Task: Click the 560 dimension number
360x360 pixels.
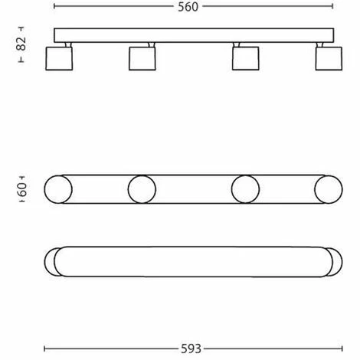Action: click(188, 7)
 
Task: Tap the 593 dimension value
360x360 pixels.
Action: click(191, 349)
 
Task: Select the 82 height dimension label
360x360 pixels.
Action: click(21, 44)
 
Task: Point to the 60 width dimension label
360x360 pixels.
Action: click(22, 189)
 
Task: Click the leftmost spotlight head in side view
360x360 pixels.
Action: click(59, 58)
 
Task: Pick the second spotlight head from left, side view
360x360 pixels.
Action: click(142, 58)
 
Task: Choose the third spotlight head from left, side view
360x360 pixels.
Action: click(246, 58)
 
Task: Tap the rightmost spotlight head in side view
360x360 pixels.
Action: click(329, 58)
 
